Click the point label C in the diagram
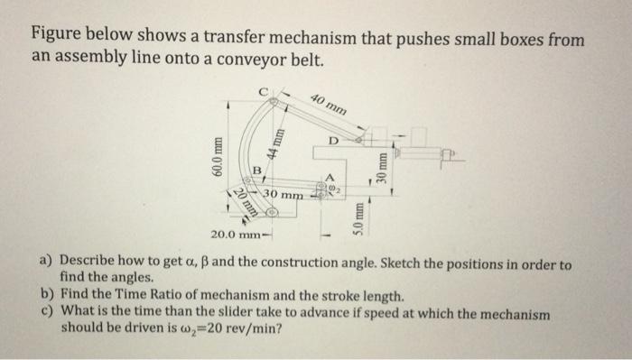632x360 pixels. tap(264, 89)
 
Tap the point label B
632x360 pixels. tap(256, 169)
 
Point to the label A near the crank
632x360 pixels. tap(329, 176)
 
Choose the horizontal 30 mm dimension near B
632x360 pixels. tap(283, 194)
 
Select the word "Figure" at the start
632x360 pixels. tap(57, 40)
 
